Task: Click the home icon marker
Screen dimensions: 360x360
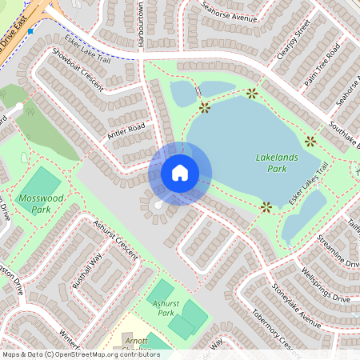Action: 180,173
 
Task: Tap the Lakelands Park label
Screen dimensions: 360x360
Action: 276,163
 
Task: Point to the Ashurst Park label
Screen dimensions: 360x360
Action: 166,308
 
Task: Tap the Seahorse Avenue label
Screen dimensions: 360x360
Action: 229,14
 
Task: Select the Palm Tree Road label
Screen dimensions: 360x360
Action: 323,64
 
